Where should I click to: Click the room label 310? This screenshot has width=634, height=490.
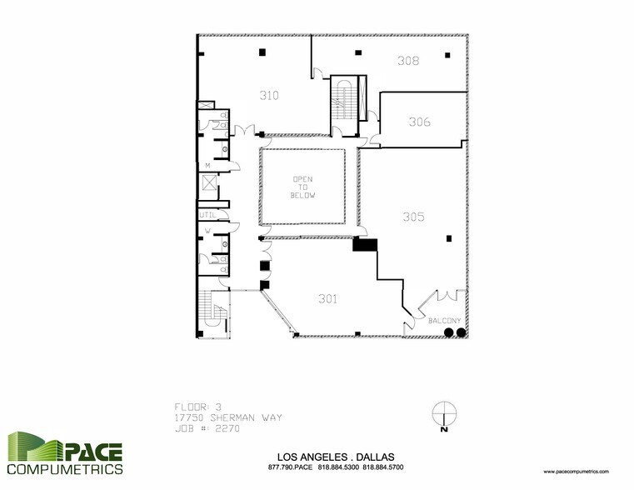click(268, 95)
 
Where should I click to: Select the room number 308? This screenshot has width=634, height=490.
click(407, 61)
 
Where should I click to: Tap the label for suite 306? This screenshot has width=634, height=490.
click(419, 122)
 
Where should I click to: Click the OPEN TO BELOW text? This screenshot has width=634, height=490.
click(302, 187)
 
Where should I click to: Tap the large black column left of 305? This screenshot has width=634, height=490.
click(365, 244)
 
